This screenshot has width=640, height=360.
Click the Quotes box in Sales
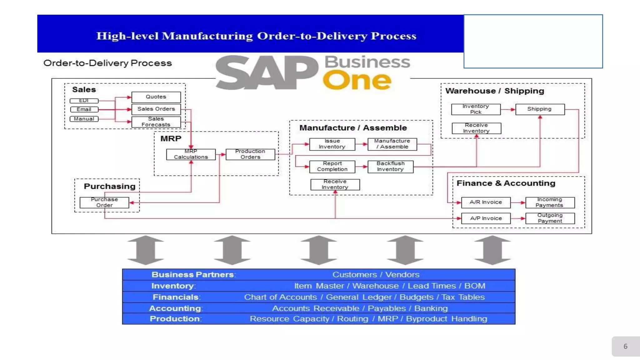[156, 97]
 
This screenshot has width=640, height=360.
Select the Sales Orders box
[156, 109]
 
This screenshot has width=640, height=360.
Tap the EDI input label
[84, 101]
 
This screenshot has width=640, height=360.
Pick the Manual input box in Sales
[84, 119]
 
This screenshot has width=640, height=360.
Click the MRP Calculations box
[191, 154]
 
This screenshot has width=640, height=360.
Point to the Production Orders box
[250, 154]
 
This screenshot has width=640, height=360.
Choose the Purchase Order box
[104, 202]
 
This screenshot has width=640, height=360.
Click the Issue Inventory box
[332, 144]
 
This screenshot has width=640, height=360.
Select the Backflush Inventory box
[390, 167]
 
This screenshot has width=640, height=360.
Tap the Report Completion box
[332, 167]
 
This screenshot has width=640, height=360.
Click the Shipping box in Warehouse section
[540, 109]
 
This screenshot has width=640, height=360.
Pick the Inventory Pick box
[476, 109]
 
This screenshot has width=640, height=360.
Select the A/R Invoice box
[486, 202]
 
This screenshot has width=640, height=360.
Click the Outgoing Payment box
[550, 218]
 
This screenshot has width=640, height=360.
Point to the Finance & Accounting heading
[506, 183]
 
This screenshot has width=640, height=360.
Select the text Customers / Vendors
[376, 275]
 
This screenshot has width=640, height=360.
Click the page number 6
[625, 346]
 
